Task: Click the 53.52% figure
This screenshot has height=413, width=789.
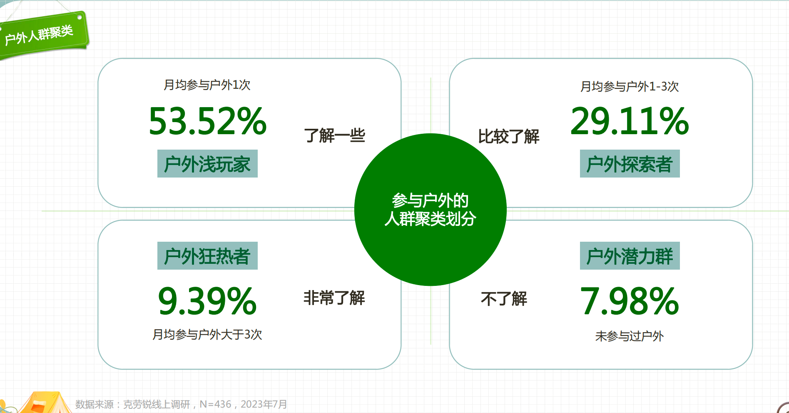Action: coord(207,121)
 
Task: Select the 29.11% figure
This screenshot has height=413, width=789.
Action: coord(630,121)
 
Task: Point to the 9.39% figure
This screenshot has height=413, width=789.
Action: coord(207,300)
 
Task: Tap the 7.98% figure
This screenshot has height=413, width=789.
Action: coord(630,300)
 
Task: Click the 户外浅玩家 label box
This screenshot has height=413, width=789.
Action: coord(207,163)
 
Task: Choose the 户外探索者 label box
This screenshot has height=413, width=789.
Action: coord(630,163)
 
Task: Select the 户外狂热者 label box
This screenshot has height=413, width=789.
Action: coord(207,255)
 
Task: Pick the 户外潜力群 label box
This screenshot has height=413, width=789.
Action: coord(630,255)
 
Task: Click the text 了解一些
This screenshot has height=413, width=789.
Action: coord(335,135)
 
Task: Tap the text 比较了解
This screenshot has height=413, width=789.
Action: coord(508,136)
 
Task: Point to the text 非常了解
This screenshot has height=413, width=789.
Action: coord(334,298)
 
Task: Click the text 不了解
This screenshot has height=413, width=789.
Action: coord(504,299)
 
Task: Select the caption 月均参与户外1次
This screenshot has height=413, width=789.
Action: coord(207,85)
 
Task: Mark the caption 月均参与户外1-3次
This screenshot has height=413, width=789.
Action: coord(630,86)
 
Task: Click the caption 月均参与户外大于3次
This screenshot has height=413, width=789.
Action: coord(207,334)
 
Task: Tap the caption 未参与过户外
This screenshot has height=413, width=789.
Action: coord(630,336)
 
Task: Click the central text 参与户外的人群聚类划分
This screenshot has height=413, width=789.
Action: coord(431,210)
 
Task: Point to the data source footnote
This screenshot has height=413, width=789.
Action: coord(181,404)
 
